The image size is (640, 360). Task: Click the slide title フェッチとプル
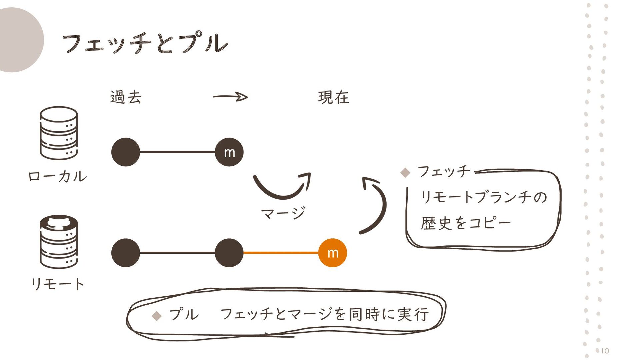145,43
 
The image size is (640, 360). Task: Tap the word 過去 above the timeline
126,97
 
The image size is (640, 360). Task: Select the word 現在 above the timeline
333,97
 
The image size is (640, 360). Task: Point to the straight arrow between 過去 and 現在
230,97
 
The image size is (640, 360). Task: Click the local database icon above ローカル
59,133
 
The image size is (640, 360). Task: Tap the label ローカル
57,176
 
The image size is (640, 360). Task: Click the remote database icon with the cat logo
59,241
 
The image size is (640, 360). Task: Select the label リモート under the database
57,284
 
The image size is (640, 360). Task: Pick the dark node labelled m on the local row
229,152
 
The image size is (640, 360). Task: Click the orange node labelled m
332,253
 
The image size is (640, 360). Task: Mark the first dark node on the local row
126,152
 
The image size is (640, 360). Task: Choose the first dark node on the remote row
126,253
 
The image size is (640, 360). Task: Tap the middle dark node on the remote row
229,253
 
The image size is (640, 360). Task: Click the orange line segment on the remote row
281,253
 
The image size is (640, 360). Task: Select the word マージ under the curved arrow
283,213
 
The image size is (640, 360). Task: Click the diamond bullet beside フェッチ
405,172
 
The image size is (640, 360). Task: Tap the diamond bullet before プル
156,315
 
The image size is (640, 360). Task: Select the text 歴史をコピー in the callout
465,223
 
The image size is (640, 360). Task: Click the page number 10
605,351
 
